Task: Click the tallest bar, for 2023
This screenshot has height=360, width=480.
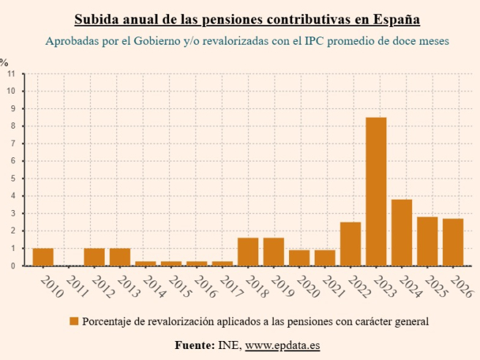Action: pos(376,192)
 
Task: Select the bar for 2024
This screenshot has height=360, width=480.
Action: pos(402,233)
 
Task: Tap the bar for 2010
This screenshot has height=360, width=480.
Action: pos(43,257)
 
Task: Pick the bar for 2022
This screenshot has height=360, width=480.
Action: pos(350,244)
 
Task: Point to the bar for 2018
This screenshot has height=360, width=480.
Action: pos(248,252)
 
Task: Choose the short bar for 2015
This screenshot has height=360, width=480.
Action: pos(171,263)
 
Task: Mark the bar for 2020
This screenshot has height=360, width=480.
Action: pos(299,258)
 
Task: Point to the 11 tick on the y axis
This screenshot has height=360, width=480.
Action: pos(11,74)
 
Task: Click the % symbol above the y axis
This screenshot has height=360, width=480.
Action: pos(4,62)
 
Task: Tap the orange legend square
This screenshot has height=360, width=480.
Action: pos(74,321)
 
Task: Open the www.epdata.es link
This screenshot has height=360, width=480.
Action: pos(282,344)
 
